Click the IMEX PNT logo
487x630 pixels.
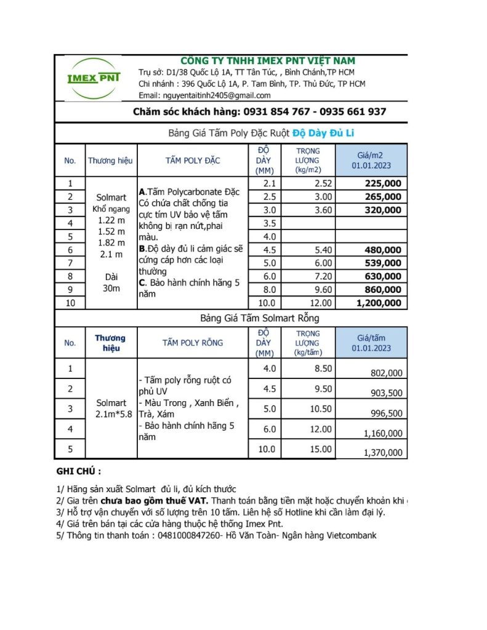(x=94, y=78)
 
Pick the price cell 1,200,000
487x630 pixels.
(x=379, y=303)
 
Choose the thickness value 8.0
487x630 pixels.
(x=269, y=290)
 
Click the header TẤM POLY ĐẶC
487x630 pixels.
(x=193, y=161)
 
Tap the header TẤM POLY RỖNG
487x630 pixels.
(x=193, y=343)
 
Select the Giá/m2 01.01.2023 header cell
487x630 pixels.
(x=371, y=161)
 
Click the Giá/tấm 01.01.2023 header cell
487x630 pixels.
(x=371, y=343)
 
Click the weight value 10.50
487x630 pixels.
(x=320, y=409)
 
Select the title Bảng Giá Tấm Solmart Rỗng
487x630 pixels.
(x=260, y=318)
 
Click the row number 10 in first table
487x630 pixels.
(x=70, y=303)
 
